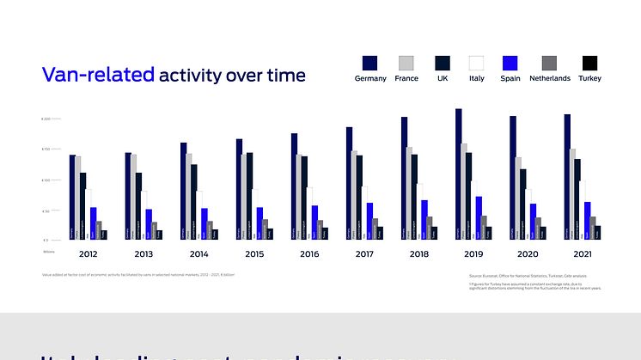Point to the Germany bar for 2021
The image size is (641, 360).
click(x=567, y=177)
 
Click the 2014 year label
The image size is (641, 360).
click(x=198, y=254)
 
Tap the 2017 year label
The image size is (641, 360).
click(x=365, y=254)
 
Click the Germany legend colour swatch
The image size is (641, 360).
click(x=370, y=63)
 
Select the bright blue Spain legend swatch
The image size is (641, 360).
click(x=510, y=63)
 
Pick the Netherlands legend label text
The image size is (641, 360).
click(x=550, y=78)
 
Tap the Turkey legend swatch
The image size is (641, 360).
click(x=590, y=63)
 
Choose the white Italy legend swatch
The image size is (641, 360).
click(x=476, y=63)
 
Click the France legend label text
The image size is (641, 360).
click(x=406, y=78)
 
